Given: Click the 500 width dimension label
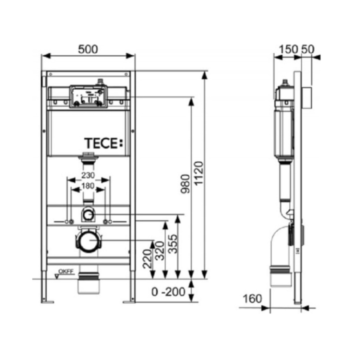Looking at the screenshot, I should coord(88,48).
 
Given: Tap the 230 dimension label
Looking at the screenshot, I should coord(87,176).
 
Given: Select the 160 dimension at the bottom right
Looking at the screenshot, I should coord(253,299).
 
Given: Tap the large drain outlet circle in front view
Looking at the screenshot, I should coord(88,242).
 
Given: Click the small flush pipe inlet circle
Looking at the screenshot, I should coord(88,215).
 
